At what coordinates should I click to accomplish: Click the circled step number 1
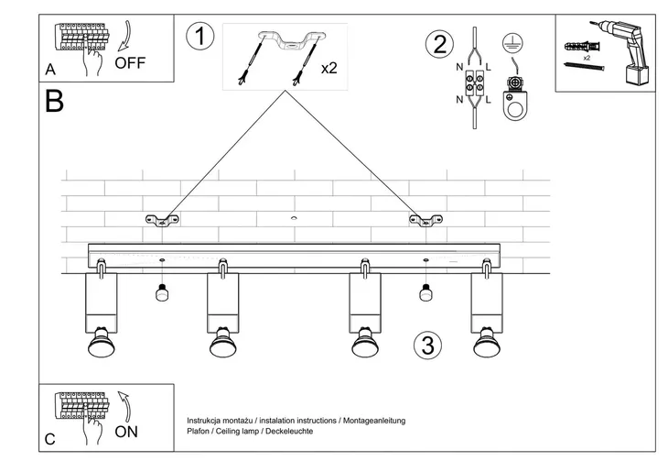click(199, 38)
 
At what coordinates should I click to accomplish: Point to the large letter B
click(54, 102)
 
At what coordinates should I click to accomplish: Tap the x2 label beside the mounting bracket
click(330, 69)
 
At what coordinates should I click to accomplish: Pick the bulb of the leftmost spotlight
click(100, 346)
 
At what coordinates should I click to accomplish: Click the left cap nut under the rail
click(161, 294)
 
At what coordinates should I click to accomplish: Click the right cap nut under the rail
click(425, 294)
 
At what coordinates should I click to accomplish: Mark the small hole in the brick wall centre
click(294, 218)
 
